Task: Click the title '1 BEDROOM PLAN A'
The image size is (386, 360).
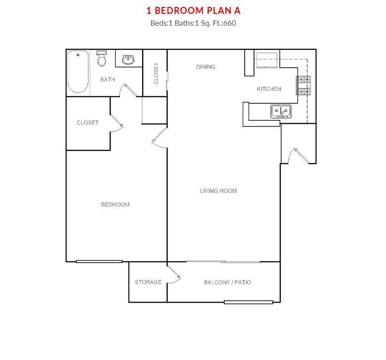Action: click(x=193, y=10)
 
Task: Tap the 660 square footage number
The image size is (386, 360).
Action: click(x=229, y=23)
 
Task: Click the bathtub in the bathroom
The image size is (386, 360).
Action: click(x=78, y=72)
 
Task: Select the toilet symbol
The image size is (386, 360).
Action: click(x=101, y=58)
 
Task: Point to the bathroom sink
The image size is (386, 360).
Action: click(x=128, y=60)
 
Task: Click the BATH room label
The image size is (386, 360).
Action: click(x=108, y=80)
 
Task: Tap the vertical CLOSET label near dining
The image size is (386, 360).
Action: click(x=156, y=73)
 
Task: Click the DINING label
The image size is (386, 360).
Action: click(x=206, y=67)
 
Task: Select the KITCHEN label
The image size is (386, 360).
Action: click(x=269, y=89)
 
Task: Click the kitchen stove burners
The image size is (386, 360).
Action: click(x=303, y=86)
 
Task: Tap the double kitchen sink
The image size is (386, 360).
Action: click(x=281, y=111)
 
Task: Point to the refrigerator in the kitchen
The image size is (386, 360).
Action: click(x=267, y=60)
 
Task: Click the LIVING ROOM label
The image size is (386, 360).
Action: click(x=218, y=191)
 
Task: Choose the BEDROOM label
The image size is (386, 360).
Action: click(x=115, y=205)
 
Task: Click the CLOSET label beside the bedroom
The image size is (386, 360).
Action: click(x=87, y=122)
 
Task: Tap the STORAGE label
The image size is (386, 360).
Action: click(x=148, y=282)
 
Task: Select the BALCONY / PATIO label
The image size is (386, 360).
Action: click(x=227, y=282)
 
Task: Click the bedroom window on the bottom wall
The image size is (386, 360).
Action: click(x=99, y=262)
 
